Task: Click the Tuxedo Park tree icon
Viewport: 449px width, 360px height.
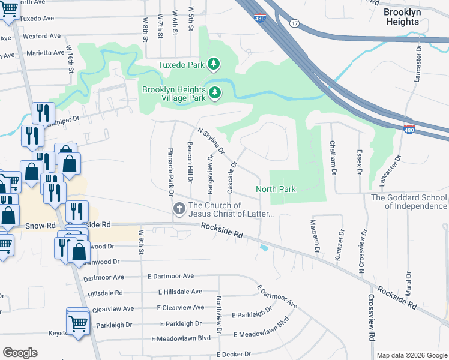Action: pos(213,64)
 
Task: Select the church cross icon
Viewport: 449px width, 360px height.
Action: pos(178,209)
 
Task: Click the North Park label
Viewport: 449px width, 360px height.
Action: pos(276,189)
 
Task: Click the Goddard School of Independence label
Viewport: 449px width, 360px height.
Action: pos(409,202)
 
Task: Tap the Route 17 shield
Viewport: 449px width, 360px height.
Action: pos(294,23)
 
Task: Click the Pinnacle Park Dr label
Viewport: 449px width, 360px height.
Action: pos(170,172)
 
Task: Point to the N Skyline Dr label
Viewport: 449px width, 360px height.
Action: pos(211,140)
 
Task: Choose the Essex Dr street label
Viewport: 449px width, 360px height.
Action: pos(359,162)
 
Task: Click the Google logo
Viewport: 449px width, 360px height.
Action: pos(20,353)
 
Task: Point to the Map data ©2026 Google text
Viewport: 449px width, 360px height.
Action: pos(411,355)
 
